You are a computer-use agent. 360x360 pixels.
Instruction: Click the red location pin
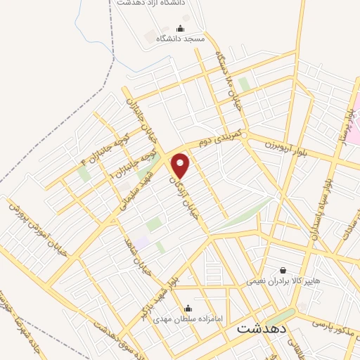click(x=181, y=165)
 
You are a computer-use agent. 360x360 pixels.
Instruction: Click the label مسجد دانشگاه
click(x=180, y=39)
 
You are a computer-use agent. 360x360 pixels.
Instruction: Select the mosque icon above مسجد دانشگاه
click(x=180, y=29)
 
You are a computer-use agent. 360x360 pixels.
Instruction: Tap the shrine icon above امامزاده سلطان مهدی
click(x=188, y=308)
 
